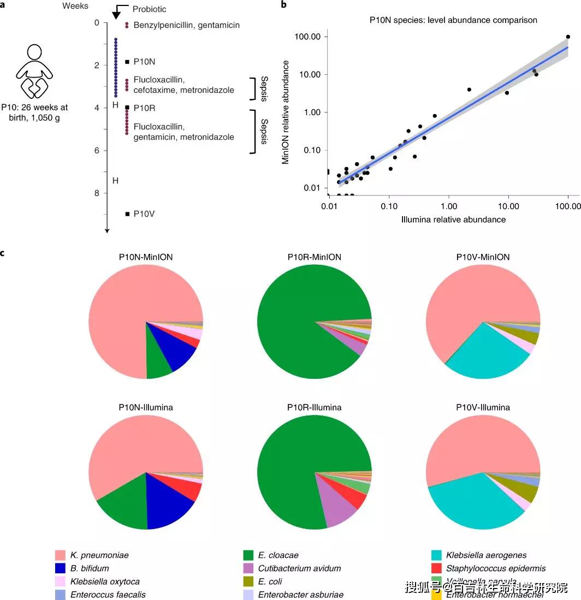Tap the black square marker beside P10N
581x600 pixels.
point(127,62)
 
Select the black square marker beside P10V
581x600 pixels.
point(127,214)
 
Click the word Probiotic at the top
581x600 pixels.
point(150,10)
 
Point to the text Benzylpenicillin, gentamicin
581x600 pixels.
point(186,25)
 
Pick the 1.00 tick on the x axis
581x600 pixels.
point(449,207)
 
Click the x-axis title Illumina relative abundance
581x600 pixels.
point(448,220)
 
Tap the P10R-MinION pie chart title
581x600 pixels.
point(314,257)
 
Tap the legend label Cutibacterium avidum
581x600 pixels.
point(299,568)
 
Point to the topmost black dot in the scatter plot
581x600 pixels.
point(568,37)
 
